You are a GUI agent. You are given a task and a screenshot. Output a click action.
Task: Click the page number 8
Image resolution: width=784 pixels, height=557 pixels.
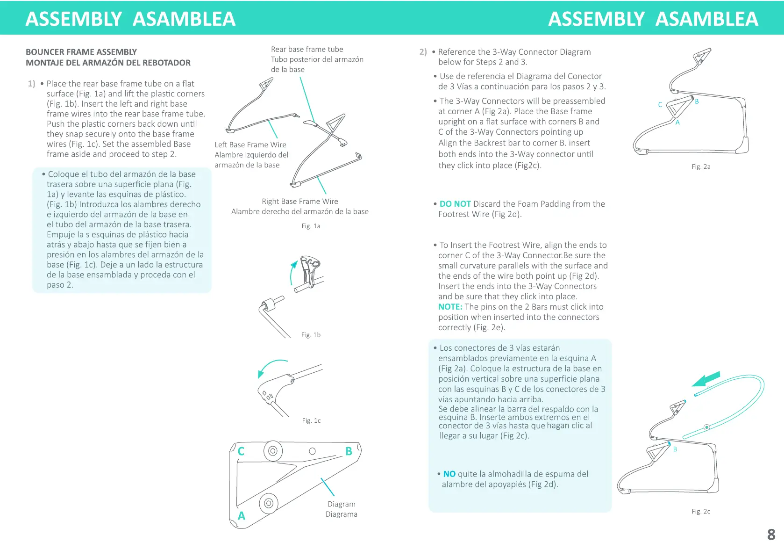click(x=771, y=534)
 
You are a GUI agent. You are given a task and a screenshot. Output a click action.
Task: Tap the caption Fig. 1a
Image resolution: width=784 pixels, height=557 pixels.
click(x=311, y=226)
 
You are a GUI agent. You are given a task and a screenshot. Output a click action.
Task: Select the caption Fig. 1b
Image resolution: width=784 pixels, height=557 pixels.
click(x=311, y=335)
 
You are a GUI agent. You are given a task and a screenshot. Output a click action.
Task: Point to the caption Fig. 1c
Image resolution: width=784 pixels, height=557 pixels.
click(x=311, y=420)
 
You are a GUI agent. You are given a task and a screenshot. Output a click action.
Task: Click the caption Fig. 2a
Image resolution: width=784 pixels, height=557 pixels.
click(x=701, y=166)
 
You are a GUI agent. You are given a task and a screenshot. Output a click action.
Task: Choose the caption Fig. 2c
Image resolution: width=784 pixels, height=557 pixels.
click(x=701, y=511)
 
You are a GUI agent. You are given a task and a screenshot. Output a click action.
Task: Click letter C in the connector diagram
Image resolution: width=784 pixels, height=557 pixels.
click(x=241, y=451)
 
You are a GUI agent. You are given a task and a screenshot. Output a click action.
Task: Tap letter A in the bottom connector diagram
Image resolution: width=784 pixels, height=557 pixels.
click(x=241, y=516)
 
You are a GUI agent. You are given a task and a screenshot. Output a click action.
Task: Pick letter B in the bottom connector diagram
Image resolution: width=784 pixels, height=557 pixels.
click(x=349, y=451)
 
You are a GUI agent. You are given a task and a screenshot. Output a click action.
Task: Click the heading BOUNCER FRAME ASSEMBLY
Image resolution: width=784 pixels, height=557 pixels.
click(x=81, y=52)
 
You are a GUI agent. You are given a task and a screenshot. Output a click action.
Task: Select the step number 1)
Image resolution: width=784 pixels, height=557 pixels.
click(x=31, y=84)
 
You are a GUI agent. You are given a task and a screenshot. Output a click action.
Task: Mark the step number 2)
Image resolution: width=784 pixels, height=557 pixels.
click(x=423, y=52)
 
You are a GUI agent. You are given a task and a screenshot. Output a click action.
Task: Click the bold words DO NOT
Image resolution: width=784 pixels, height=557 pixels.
click(x=455, y=204)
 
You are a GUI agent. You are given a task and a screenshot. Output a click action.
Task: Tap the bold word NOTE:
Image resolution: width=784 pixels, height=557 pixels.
click(x=450, y=307)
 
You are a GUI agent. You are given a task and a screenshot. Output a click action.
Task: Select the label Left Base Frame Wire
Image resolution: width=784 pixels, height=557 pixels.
click(x=250, y=145)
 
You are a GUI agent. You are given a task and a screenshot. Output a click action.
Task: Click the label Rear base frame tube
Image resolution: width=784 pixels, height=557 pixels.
click(x=307, y=49)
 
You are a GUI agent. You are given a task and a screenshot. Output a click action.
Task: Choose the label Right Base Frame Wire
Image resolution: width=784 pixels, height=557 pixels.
click(x=299, y=202)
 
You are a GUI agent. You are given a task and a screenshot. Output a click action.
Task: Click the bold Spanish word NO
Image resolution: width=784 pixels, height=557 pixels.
click(x=449, y=474)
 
